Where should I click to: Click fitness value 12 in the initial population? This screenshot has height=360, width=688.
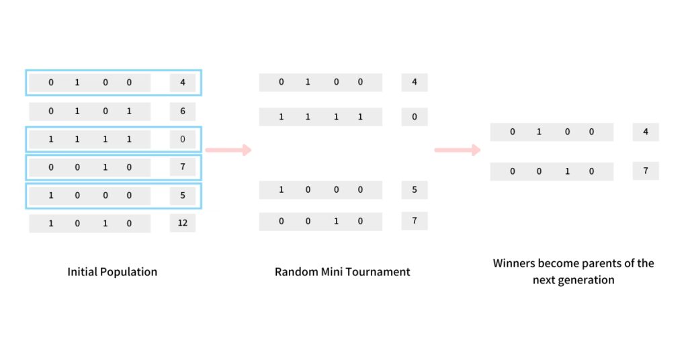182,224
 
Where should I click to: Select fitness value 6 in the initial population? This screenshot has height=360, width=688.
182,111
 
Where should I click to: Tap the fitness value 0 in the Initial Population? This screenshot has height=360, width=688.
182,140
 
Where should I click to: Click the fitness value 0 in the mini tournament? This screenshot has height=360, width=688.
415,117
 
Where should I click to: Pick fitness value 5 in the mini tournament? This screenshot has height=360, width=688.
415,190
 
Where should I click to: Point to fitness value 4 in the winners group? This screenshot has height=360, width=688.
646,132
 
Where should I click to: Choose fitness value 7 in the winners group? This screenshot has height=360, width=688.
646,171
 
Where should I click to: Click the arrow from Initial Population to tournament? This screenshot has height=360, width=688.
228,150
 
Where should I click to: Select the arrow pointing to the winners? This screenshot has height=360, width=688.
458,150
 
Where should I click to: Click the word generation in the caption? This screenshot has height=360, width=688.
587,280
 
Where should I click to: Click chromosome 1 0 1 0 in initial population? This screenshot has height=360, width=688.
90,224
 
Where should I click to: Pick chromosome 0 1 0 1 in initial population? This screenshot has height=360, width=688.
90,111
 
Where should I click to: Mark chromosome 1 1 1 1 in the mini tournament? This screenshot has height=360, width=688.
320,117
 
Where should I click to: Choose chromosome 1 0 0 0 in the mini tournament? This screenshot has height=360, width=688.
320,190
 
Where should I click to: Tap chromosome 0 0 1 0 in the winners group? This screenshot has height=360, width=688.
552,171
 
